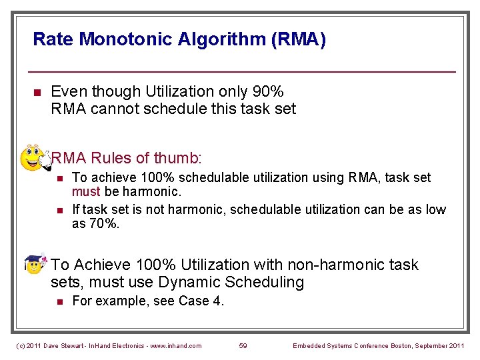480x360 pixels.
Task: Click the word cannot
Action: click(x=113, y=109)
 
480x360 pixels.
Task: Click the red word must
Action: click(x=86, y=192)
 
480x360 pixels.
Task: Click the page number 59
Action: click(x=243, y=345)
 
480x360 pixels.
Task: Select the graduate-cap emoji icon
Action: click(x=35, y=264)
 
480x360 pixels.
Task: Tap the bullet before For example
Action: click(x=59, y=302)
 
